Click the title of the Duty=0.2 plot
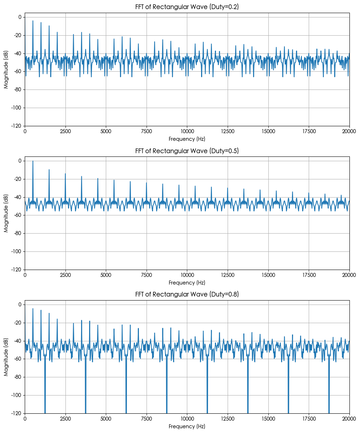tap(187, 7)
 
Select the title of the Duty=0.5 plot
tap(187, 151)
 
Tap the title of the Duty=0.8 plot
tap(187, 294)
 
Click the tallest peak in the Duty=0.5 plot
tap(33, 161)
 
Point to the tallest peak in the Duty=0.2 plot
tap(33, 21)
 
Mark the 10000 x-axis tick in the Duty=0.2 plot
tap(187, 131)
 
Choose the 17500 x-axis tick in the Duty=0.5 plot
tap(309, 274)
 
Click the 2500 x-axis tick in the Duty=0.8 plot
tap(65, 418)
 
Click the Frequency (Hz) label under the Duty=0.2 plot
tap(187, 139)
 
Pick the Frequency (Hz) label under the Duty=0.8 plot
tap(187, 426)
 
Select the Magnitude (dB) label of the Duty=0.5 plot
tap(6, 213)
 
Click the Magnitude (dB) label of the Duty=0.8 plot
tap(6, 357)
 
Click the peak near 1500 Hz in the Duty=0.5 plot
tap(49, 170)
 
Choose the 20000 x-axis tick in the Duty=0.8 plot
tap(349, 418)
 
